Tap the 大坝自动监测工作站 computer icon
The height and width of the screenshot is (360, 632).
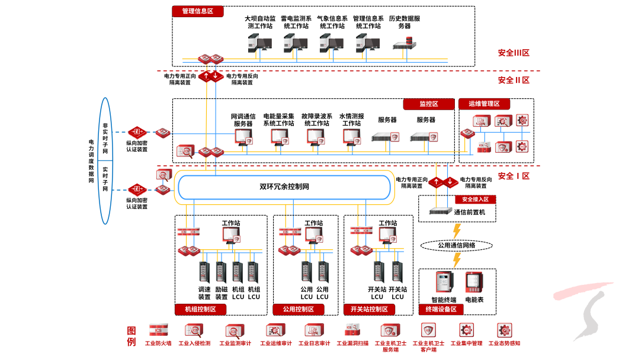pyautogui.click(x=259, y=43)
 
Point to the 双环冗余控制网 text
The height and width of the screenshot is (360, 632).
pyautogui.click(x=284, y=187)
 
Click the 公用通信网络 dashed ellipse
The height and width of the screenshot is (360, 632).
pyautogui.click(x=456, y=245)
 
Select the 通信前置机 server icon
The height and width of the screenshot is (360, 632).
pyautogui.click(x=440, y=211)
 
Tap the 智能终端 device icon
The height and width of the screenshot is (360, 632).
pyautogui.click(x=444, y=284)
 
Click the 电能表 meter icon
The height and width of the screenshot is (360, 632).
pyautogui.click(x=474, y=284)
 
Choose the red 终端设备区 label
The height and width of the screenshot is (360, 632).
pyautogui.click(x=441, y=309)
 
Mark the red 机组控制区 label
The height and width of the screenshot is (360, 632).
pyautogui.click(x=200, y=309)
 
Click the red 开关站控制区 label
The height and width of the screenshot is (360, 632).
pyautogui.click(x=369, y=309)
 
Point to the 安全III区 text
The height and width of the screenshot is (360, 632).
pyautogui.click(x=513, y=53)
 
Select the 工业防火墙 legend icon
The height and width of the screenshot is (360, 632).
pyautogui.click(x=158, y=330)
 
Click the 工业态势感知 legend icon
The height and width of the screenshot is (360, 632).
pyautogui.click(x=504, y=330)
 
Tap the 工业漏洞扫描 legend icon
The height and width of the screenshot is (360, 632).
pyautogui.click(x=352, y=330)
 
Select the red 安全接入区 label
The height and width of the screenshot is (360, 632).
pyautogui.click(x=475, y=200)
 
